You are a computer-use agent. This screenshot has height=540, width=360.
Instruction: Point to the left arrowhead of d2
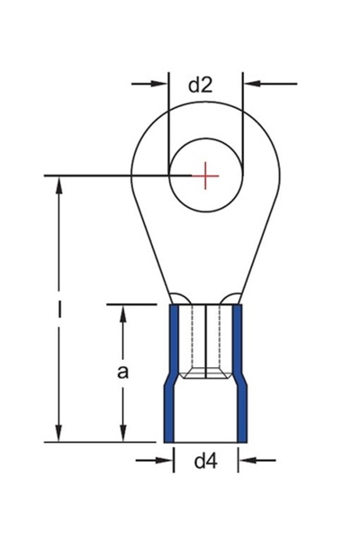[162, 84]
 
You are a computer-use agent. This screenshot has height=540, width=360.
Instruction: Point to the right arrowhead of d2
[250, 84]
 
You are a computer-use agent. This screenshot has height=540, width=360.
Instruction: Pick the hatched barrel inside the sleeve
[205, 342]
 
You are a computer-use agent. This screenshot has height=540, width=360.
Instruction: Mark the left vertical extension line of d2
[169, 117]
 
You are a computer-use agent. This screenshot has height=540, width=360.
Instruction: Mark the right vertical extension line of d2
[243, 117]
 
